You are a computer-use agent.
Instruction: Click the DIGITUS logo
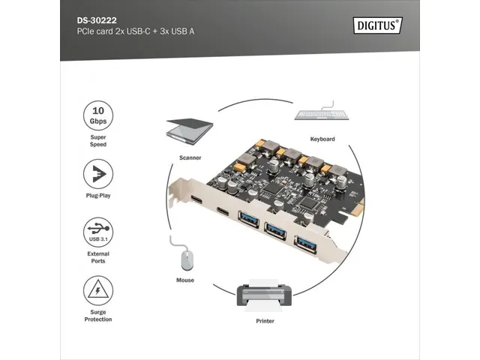(x=377, y=25)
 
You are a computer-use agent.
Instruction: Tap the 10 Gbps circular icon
(x=98, y=115)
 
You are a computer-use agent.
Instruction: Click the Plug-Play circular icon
(x=98, y=175)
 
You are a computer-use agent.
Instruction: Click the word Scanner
(x=190, y=158)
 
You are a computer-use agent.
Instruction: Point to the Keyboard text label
(x=322, y=139)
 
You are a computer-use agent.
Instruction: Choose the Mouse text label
(x=185, y=280)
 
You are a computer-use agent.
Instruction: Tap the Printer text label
(x=264, y=321)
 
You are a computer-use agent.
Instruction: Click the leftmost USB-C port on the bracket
(x=196, y=202)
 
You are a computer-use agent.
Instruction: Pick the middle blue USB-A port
(x=277, y=231)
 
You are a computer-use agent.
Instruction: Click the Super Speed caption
(x=98, y=139)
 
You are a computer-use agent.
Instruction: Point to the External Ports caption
(x=98, y=256)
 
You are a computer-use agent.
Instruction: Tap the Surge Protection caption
(x=98, y=315)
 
